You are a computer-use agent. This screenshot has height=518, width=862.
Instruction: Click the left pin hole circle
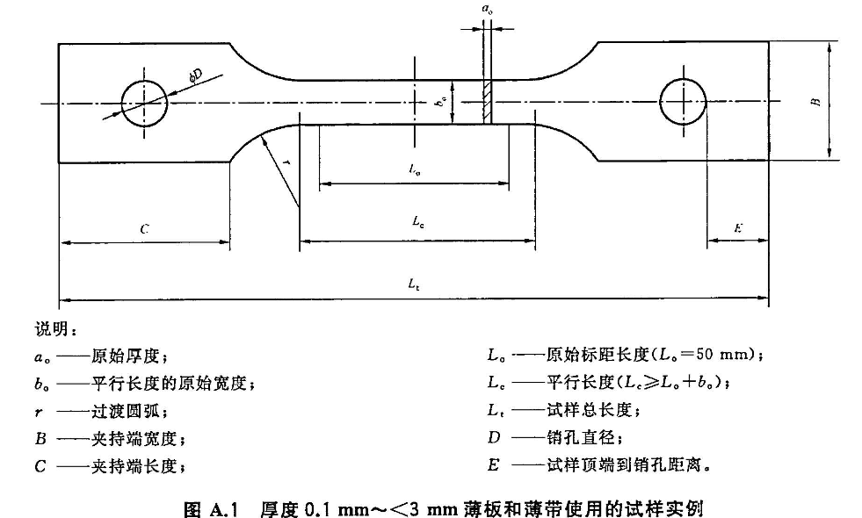click(144, 103)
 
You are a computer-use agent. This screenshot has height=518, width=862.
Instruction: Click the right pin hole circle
click(683, 103)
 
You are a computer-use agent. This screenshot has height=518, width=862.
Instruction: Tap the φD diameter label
click(194, 76)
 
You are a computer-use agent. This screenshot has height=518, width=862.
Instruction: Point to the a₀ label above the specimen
click(487, 8)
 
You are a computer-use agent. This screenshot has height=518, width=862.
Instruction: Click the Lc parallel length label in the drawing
click(418, 223)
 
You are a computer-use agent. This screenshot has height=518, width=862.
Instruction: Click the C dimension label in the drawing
click(144, 228)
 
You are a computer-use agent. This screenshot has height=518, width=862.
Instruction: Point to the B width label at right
click(816, 102)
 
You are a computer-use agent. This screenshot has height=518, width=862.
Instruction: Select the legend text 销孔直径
click(576, 437)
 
